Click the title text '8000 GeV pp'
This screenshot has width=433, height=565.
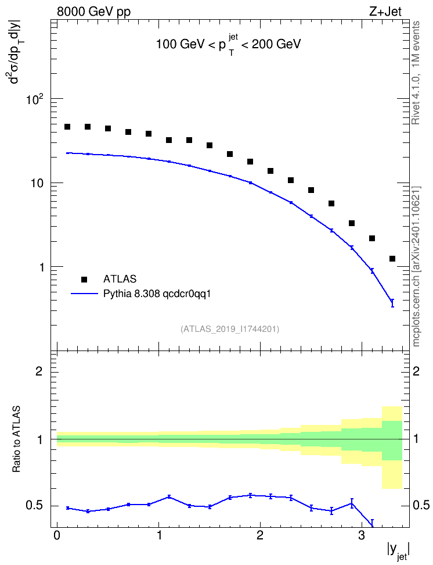point(93,12)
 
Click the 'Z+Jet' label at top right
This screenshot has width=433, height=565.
point(385,12)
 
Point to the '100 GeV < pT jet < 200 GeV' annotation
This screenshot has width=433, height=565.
point(228,44)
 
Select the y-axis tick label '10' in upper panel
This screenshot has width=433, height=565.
point(37,183)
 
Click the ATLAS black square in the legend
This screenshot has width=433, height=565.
point(84,279)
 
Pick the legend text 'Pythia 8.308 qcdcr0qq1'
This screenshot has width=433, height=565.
point(157,294)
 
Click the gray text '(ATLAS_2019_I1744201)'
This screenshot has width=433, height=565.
point(230,329)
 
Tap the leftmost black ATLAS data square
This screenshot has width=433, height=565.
point(67,127)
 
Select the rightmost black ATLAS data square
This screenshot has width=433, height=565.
point(392,259)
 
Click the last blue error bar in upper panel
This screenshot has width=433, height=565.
point(392,303)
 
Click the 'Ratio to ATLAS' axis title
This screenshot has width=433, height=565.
point(16,439)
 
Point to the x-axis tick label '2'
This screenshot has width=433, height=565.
point(260,535)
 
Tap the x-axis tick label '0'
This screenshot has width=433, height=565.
point(57,535)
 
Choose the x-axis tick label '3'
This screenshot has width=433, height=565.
point(362,535)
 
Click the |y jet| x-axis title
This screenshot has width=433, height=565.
point(398,551)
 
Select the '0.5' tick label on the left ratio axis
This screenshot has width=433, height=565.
point(34,506)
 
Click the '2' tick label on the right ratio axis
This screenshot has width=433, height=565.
point(416,371)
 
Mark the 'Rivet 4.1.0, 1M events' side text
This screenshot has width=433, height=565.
point(416,73)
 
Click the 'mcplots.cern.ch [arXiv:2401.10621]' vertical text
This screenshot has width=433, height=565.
point(416,266)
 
